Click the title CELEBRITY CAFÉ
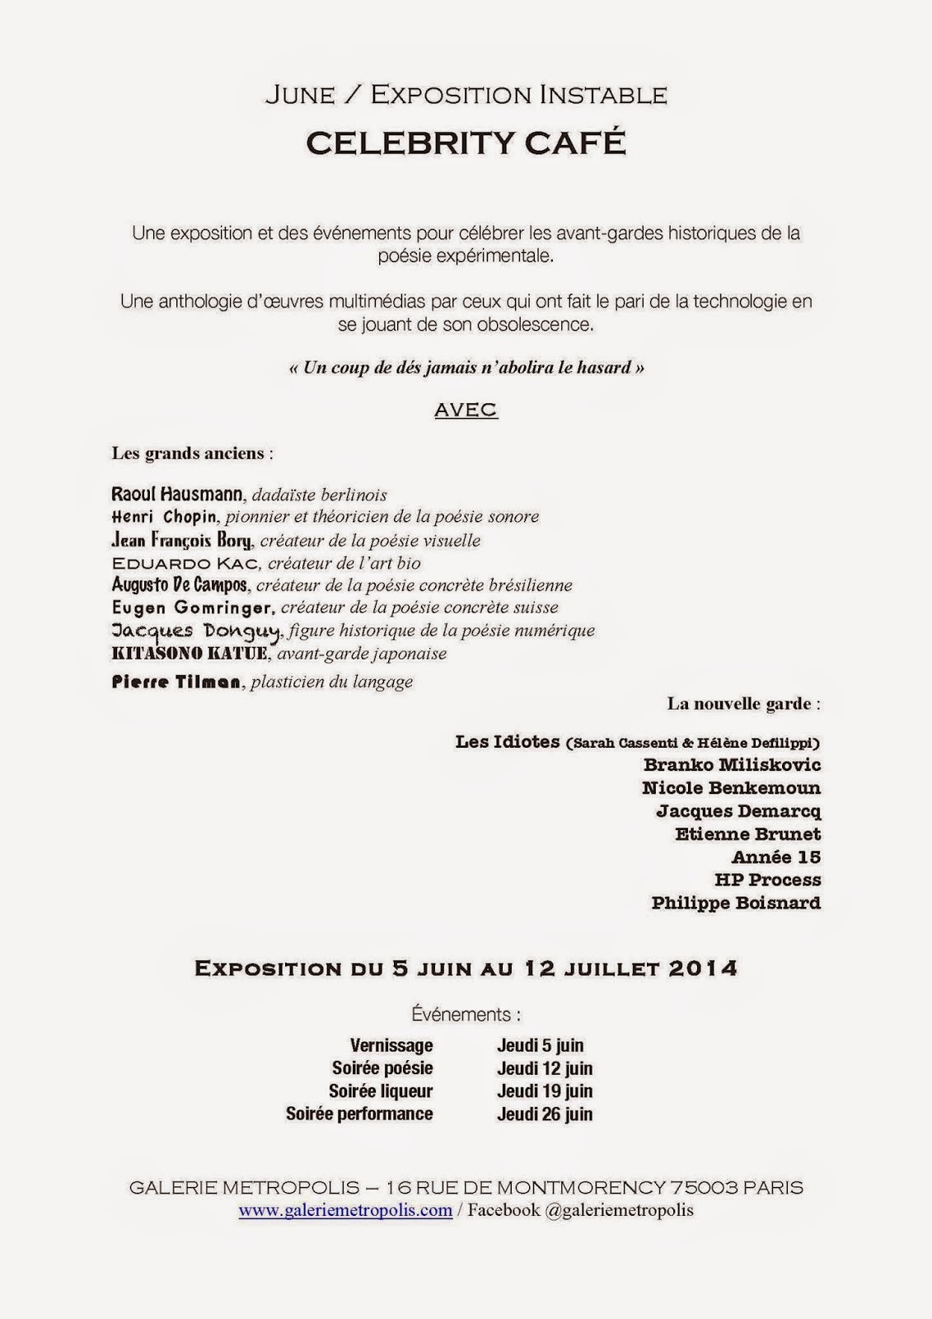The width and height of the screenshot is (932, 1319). click(466, 143)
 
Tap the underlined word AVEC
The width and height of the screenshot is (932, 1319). click(466, 410)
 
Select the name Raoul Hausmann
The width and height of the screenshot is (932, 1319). click(177, 495)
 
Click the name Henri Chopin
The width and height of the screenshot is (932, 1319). click(164, 517)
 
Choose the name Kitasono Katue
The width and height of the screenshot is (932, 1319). click(190, 654)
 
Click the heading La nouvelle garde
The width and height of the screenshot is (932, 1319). click(743, 704)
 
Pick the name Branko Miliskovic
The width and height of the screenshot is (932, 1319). click(733, 764)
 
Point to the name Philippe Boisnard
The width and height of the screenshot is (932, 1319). click(736, 903)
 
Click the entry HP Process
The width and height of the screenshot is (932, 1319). click(768, 880)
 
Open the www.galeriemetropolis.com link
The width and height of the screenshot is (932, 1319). click(345, 1210)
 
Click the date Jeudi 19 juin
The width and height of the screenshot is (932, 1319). click(545, 1091)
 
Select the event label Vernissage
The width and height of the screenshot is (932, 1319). click(391, 1045)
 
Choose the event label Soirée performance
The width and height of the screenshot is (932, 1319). click(359, 1114)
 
